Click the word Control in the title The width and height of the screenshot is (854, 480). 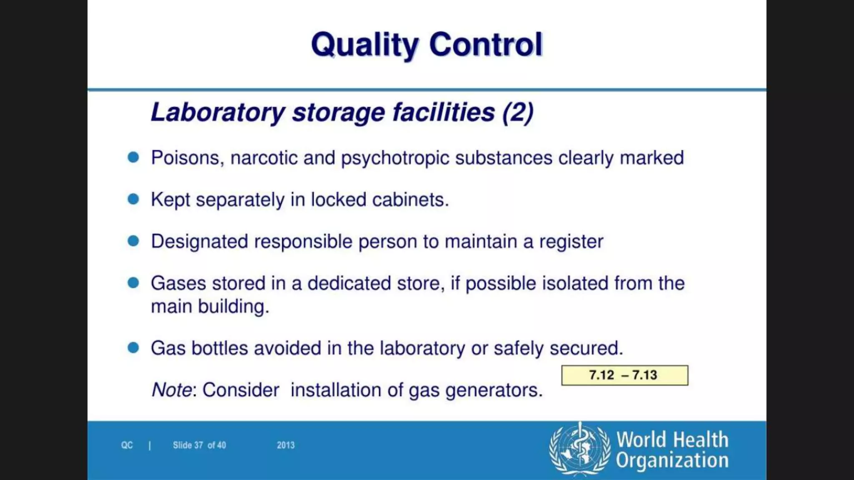click(486, 44)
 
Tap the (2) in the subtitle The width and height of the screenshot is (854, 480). click(518, 112)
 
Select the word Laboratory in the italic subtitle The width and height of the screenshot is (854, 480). click(218, 112)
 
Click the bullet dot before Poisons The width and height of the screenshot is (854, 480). click(133, 157)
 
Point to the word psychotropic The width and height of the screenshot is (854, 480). click(395, 158)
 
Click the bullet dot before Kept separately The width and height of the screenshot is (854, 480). click(133, 199)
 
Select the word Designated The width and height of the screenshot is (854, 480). click(199, 242)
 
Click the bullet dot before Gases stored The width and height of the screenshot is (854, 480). click(133, 283)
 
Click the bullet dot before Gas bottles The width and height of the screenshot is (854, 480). click(133, 347)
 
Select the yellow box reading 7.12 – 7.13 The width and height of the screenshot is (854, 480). click(624, 375)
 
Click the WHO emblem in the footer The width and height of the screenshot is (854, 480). click(580, 449)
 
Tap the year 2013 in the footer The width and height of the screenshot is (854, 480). click(286, 445)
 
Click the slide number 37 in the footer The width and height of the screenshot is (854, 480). click(198, 445)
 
